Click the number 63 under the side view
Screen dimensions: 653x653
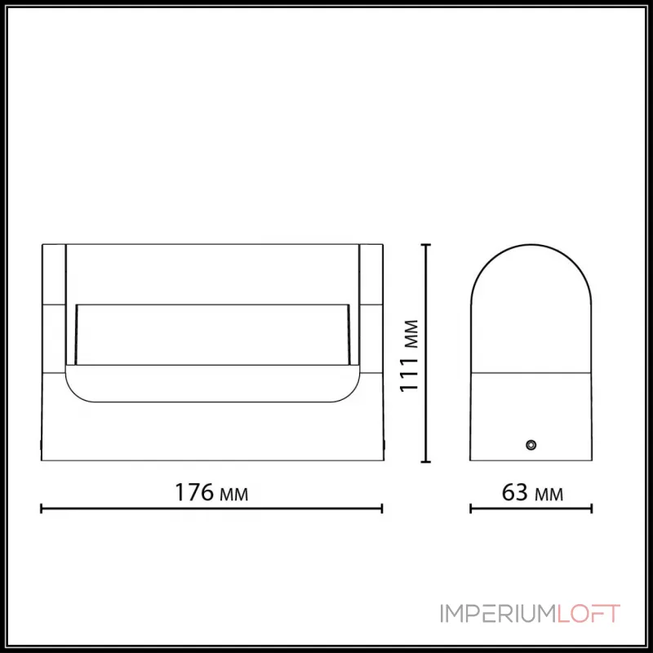[x=512, y=492]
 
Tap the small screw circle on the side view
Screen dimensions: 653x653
[x=531, y=445]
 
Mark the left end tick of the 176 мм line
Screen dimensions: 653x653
[x=42, y=509]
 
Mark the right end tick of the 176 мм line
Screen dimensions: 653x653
[x=382, y=509]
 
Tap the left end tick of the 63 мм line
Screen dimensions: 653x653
[x=471, y=509]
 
